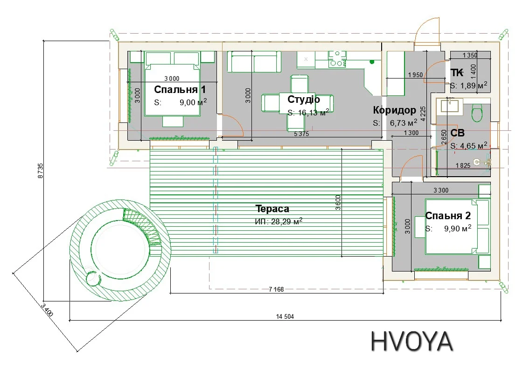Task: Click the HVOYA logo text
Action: pos(411,341)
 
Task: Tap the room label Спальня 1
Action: pos(180,89)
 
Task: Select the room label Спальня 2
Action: pos(448,215)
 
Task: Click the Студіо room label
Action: pos(304,99)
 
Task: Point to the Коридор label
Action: pos(394,110)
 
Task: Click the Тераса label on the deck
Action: pos(272,209)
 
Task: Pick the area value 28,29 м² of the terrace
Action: pos(286,222)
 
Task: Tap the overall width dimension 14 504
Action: pos(285,316)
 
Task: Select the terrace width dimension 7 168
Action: pos(276,289)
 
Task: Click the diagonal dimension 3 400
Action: pos(47,310)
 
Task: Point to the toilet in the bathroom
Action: pos(477,112)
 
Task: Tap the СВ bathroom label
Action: pos(457,133)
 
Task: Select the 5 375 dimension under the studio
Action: pos(301,134)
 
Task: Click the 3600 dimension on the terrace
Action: pos(338,202)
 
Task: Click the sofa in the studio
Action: pos(254,62)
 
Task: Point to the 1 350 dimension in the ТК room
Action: pos(470,55)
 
